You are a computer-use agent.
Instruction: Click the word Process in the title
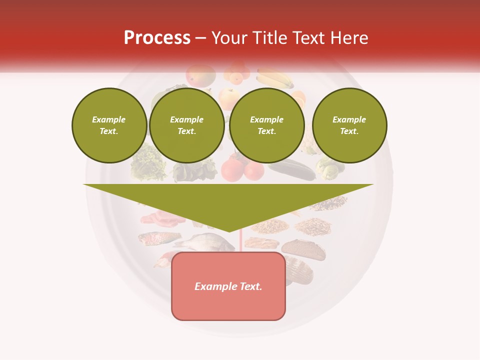(157, 38)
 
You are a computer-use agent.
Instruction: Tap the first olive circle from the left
(109, 125)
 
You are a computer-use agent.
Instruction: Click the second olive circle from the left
(186, 125)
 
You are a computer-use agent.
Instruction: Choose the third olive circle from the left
(266, 125)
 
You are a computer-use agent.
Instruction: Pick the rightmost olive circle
(349, 125)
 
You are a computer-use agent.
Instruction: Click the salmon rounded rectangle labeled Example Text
(228, 286)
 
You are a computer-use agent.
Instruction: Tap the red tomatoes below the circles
(242, 170)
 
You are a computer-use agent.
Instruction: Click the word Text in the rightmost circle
(349, 131)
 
